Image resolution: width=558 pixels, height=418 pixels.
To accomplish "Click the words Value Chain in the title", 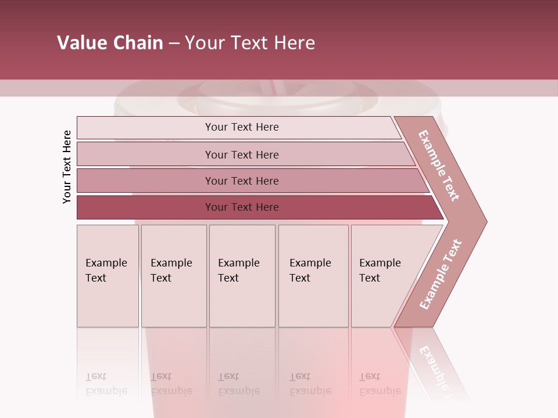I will tap(110, 43).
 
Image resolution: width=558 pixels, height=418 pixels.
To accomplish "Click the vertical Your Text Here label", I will tap(67, 167).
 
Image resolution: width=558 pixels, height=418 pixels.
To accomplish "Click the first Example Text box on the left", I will tap(108, 276).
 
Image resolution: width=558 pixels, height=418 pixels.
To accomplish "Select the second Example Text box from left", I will tap(173, 276).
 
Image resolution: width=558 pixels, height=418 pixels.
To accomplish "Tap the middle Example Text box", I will tap(242, 276).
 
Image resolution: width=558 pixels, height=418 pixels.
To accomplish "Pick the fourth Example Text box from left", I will tap(313, 276).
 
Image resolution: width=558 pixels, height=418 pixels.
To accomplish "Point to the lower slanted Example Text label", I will tap(441, 274).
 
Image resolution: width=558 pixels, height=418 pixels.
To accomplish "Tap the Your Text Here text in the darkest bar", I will tap(242, 207).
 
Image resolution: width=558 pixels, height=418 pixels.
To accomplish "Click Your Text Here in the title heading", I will tap(250, 43).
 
